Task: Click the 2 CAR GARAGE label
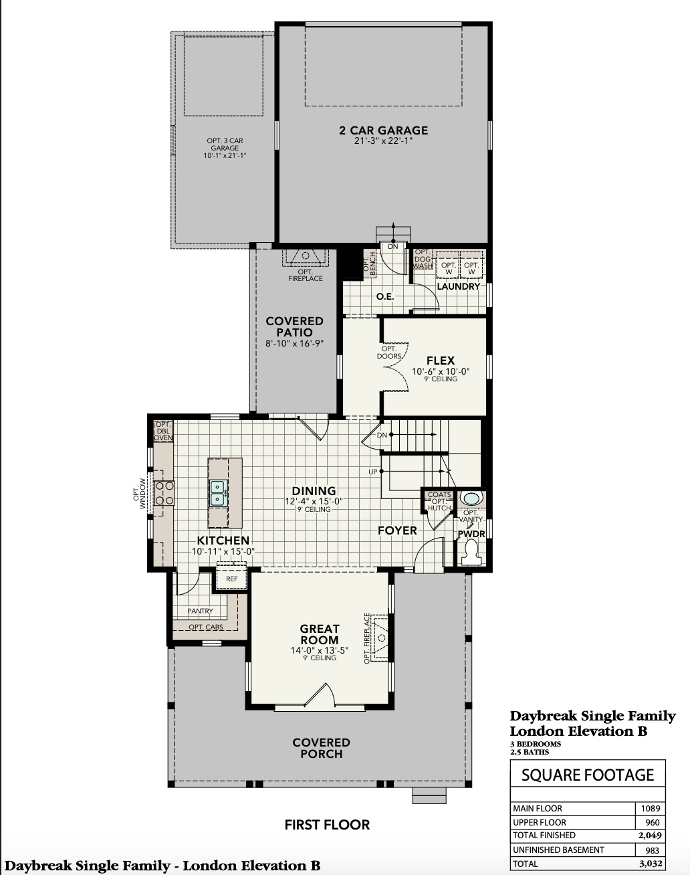pyautogui.click(x=383, y=131)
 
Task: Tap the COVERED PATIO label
pyautogui.click(x=294, y=326)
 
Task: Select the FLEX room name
pyautogui.click(x=440, y=361)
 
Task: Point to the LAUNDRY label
pyautogui.click(x=458, y=286)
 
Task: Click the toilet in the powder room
pyautogui.click(x=471, y=552)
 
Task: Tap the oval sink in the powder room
pyautogui.click(x=471, y=498)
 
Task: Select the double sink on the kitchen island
pyautogui.click(x=218, y=493)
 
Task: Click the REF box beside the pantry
pyautogui.click(x=231, y=579)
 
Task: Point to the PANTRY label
pyautogui.click(x=200, y=611)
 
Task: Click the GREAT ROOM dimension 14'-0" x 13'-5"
pyautogui.click(x=320, y=650)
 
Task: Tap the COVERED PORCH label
pyautogui.click(x=321, y=748)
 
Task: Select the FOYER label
pyautogui.click(x=397, y=530)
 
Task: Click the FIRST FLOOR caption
pyautogui.click(x=327, y=825)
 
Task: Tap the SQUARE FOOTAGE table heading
pyautogui.click(x=587, y=775)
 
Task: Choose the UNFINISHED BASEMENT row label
pyautogui.click(x=558, y=850)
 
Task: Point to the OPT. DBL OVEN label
pyautogui.click(x=163, y=431)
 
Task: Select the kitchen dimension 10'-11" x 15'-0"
pyautogui.click(x=223, y=552)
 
